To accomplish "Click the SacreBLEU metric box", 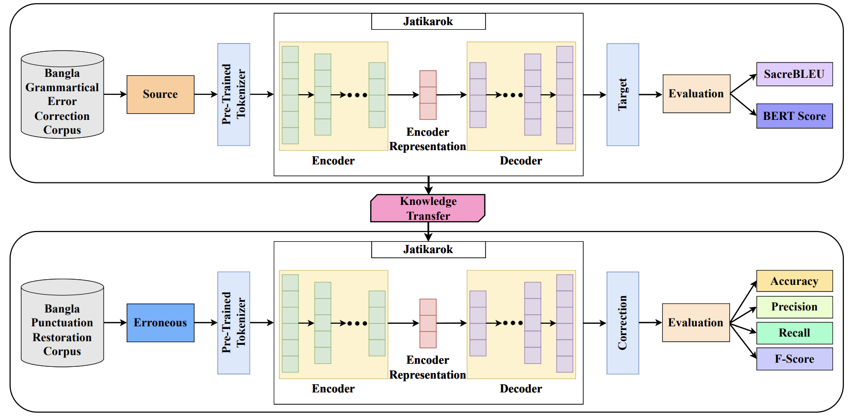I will coord(794,74).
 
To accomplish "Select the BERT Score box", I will coord(794,116).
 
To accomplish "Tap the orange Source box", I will coord(160,94).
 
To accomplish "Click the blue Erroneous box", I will coord(160,323).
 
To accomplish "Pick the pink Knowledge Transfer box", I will coord(428,208).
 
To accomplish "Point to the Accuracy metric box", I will coord(794,281).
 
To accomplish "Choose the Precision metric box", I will coord(794,307).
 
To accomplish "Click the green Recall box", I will coord(794,333).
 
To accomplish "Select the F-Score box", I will coord(794,359).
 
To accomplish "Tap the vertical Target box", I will coord(622,94).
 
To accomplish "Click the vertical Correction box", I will coord(622,323).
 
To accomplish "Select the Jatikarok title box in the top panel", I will coord(428,22).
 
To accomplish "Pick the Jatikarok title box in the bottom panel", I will coord(428,249).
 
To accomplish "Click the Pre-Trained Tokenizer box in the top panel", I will coord(233,94).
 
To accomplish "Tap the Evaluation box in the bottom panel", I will coord(696,323).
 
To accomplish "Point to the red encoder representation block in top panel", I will coord(428,95).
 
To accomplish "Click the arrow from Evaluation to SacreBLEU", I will coord(743,84).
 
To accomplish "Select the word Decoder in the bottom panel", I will coord(520,389).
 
